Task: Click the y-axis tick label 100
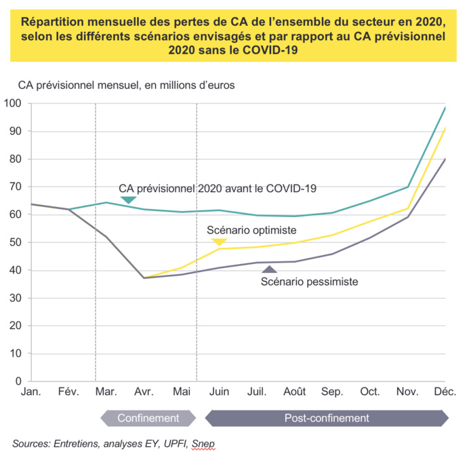point(14,103)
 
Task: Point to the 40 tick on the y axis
point(16,270)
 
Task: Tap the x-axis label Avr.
point(144,393)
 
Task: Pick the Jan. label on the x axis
point(32,393)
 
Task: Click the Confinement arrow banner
point(148,418)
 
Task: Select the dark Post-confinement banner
point(326,418)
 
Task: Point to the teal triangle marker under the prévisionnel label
point(127,200)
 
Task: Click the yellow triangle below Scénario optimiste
point(219,242)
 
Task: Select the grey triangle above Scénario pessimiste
point(270,269)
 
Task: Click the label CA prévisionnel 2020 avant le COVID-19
point(218,188)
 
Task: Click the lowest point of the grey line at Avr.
point(143,278)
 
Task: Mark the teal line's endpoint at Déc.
point(445,107)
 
